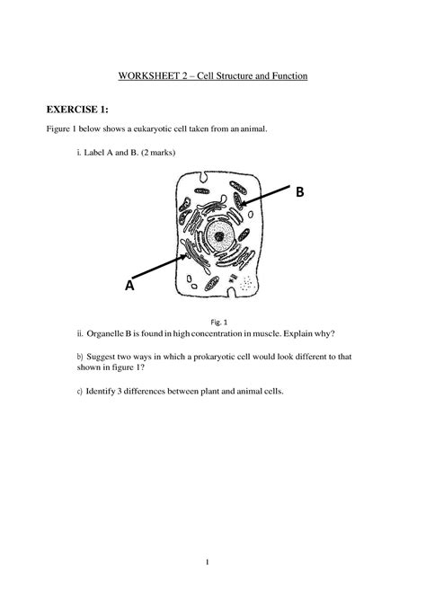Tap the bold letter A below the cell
(x=129, y=285)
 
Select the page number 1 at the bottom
(x=206, y=562)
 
